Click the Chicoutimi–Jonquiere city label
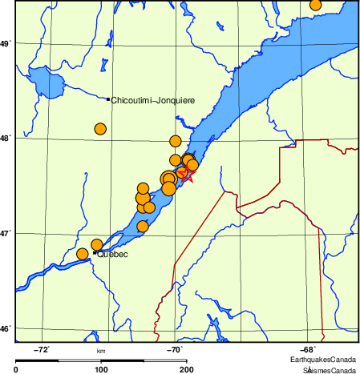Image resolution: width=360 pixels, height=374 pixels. click(x=152, y=100)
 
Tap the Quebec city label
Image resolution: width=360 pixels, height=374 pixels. click(x=112, y=255)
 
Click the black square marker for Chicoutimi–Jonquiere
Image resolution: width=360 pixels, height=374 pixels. click(x=108, y=99)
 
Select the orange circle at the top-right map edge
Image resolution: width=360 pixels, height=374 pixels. click(x=315, y=5)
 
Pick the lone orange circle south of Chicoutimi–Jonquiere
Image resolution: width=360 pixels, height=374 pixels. click(x=100, y=129)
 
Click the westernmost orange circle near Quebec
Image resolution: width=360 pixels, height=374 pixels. click(x=82, y=254)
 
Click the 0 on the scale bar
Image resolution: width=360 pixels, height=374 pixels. click(x=17, y=369)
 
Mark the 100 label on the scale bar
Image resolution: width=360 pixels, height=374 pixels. click(x=101, y=369)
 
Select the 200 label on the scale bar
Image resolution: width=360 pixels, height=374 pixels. click(x=185, y=369)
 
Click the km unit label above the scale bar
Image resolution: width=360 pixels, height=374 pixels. click(x=101, y=351)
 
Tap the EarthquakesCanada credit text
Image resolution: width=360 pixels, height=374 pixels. click(x=323, y=360)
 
